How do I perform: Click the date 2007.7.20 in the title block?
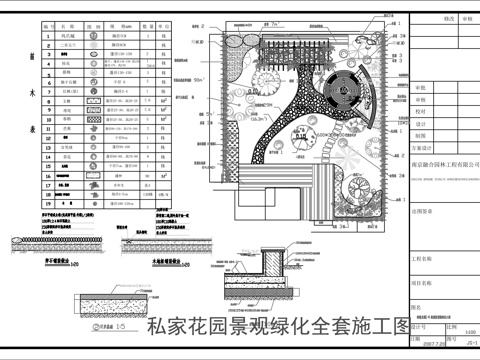pos(429,341)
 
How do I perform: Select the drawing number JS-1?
pos(469,341)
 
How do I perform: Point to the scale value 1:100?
pos(470,330)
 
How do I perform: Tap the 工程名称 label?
pos(425,256)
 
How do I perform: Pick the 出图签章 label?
pos(425,211)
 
